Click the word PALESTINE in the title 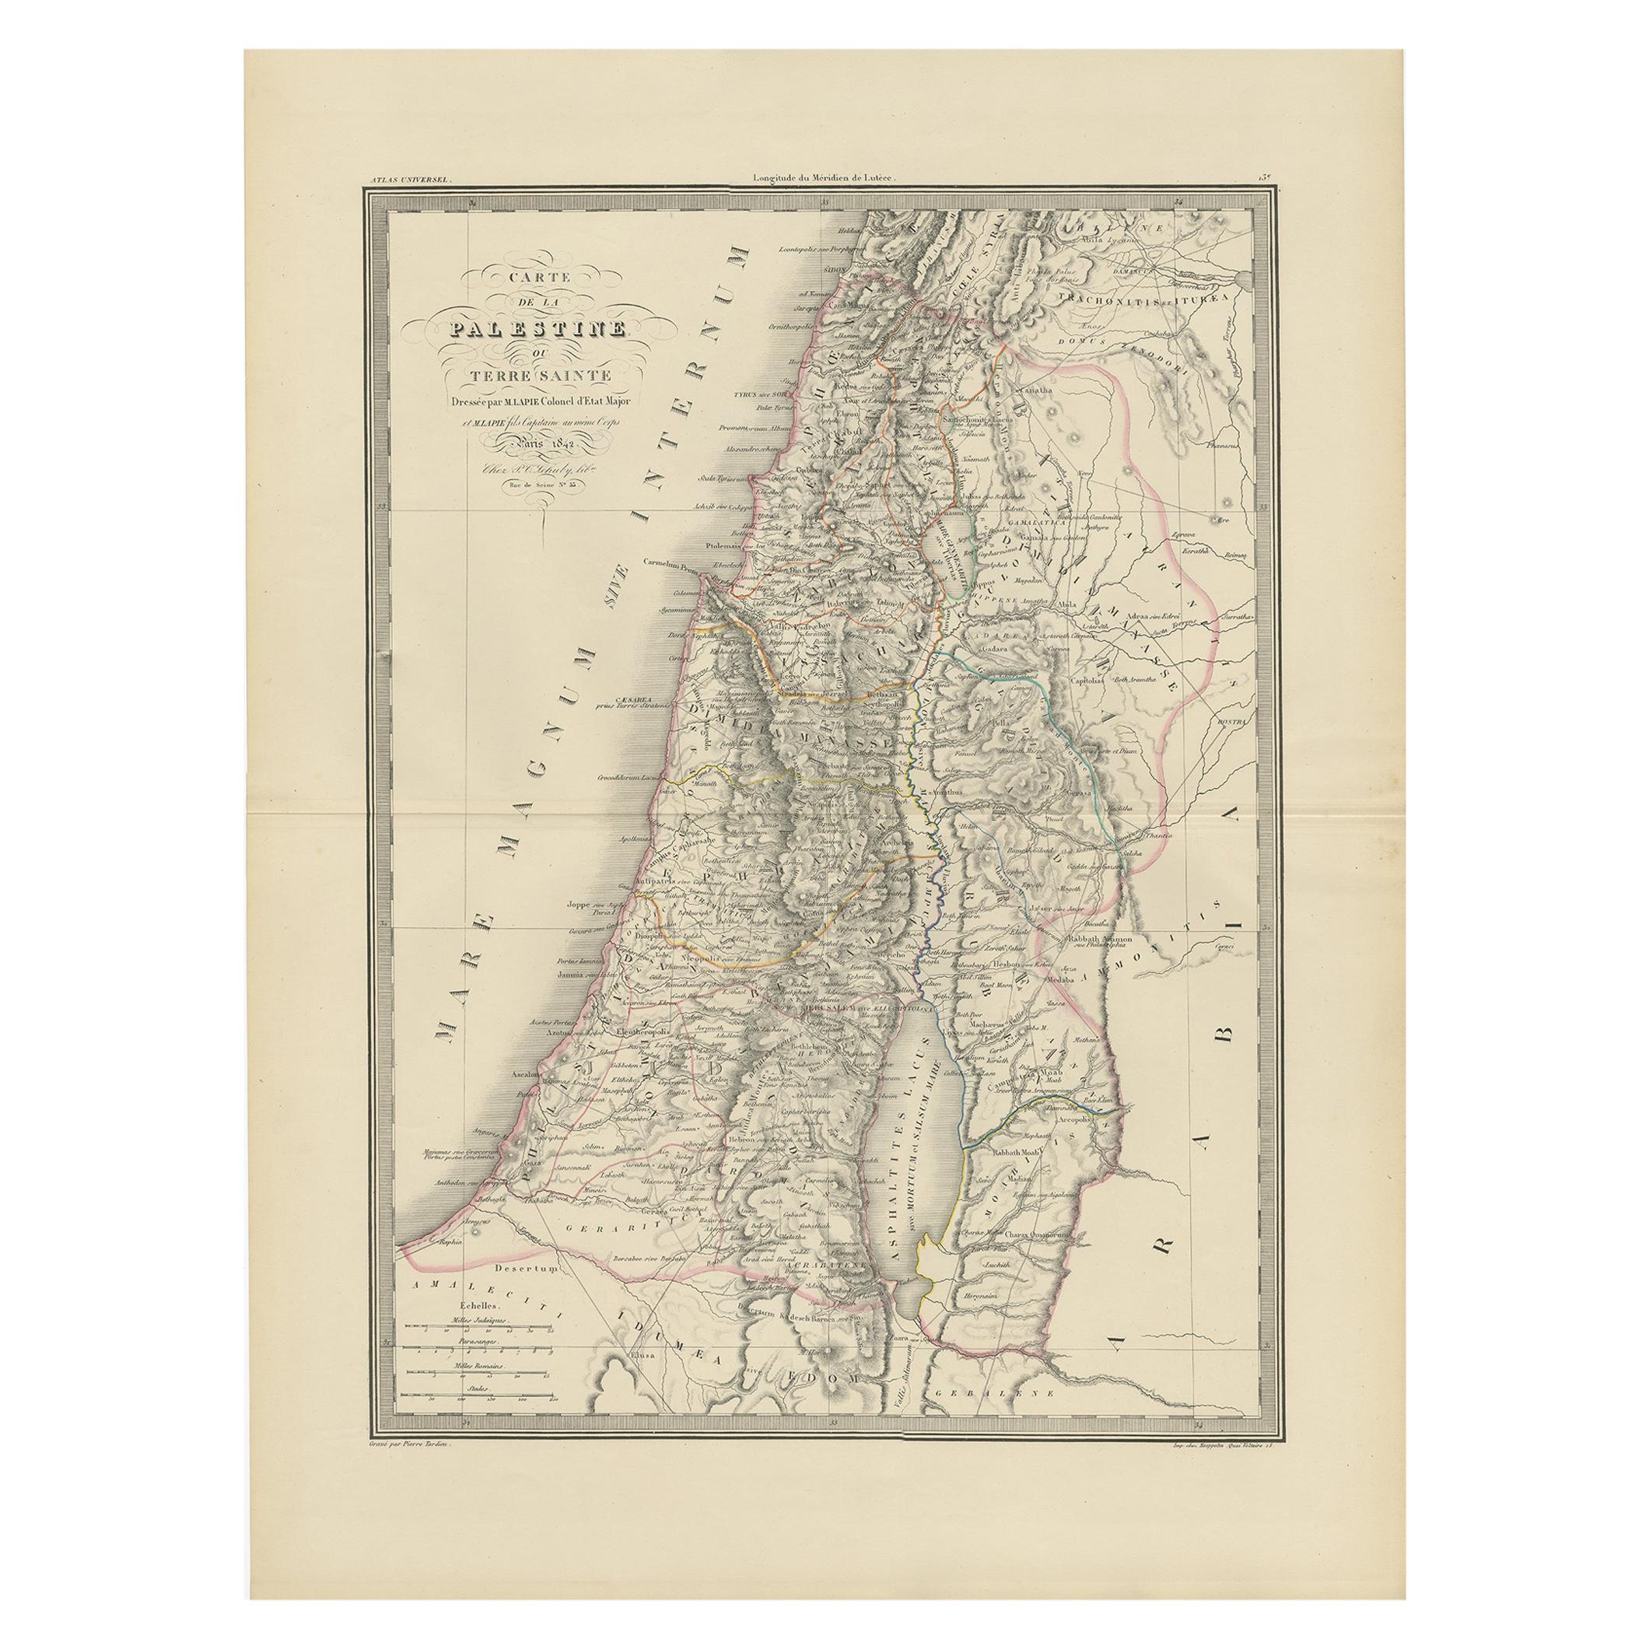pos(544,328)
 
